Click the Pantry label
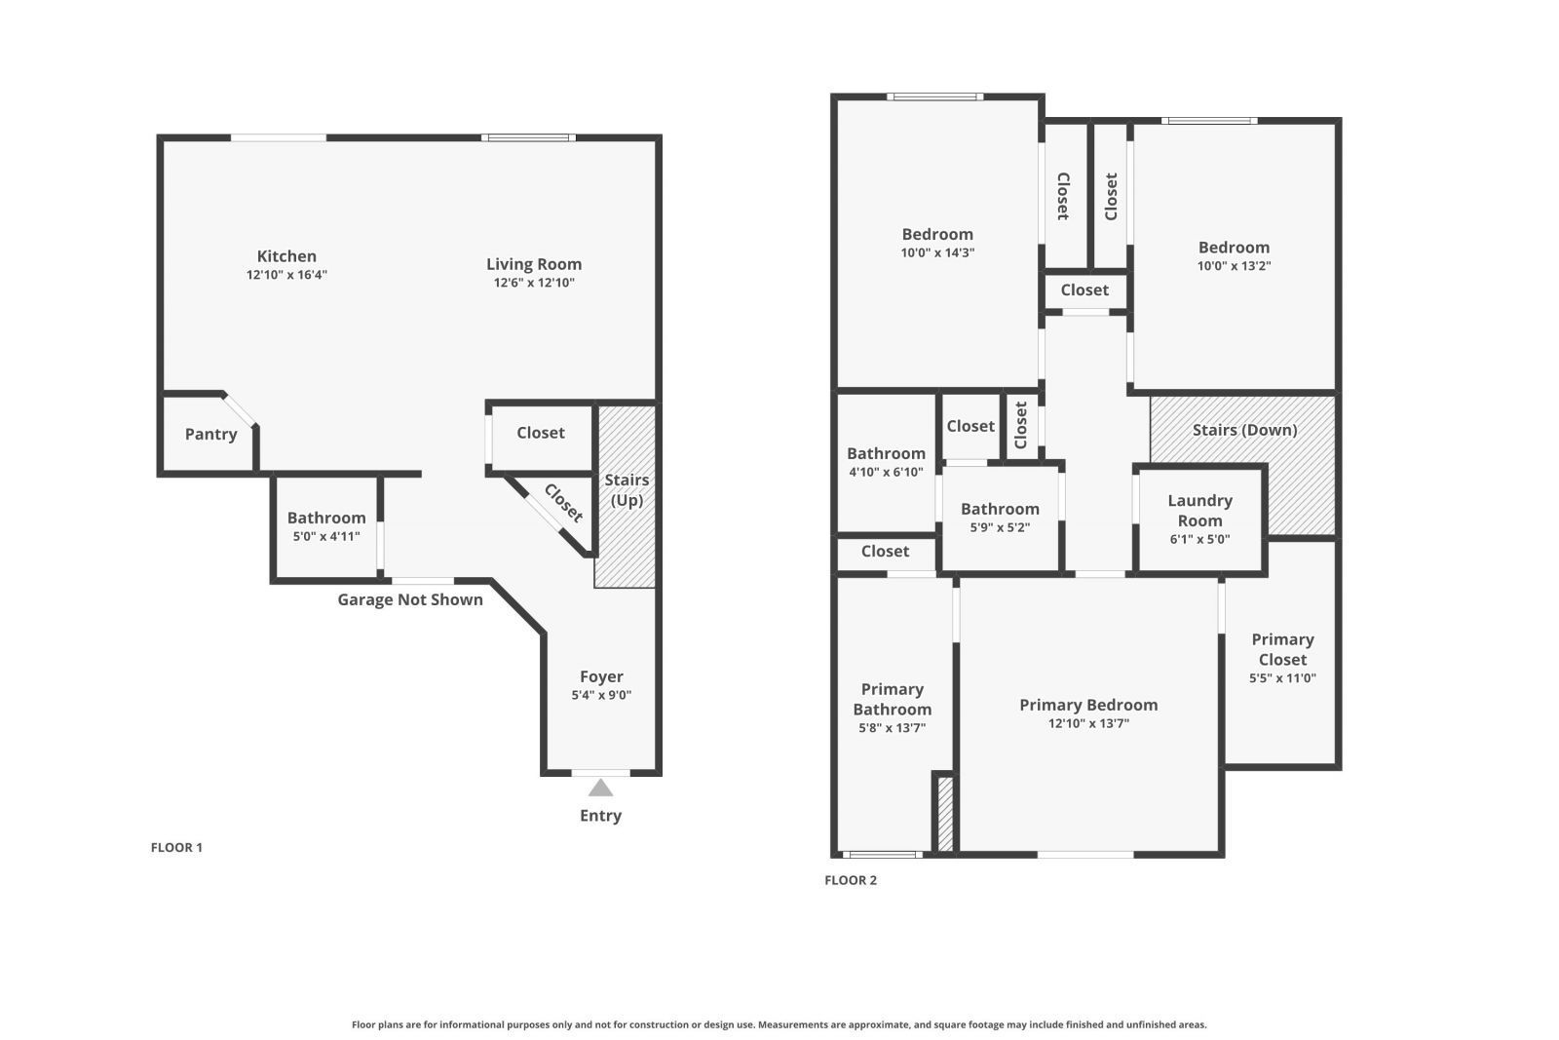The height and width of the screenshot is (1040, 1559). pos(210,435)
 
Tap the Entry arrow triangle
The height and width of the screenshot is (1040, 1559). pos(600,788)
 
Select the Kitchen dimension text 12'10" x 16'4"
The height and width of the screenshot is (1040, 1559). pos(286,275)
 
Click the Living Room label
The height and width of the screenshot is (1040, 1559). pos(534,264)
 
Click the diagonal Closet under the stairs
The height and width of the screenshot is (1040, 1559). pos(562,503)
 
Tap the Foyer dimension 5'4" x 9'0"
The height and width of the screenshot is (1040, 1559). pos(601,695)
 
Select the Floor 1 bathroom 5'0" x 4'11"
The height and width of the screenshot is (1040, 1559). pos(325,526)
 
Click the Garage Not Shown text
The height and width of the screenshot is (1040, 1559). pos(410,599)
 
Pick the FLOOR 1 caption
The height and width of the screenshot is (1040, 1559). pos(176,847)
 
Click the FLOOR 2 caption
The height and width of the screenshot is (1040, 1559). pos(851,880)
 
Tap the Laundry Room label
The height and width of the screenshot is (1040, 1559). pos(1199,510)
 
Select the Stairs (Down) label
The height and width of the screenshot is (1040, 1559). pos(1244,430)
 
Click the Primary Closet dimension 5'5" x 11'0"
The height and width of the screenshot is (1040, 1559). pos(1282,678)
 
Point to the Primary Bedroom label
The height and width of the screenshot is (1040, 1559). pos(1088,705)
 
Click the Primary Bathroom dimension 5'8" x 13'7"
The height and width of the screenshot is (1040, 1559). pos(892,727)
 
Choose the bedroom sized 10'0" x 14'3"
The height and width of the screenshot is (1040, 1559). pos(937,243)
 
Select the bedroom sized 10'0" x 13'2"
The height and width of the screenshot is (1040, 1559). pos(1234,256)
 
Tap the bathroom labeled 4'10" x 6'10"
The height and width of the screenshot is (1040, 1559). pos(886,462)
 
